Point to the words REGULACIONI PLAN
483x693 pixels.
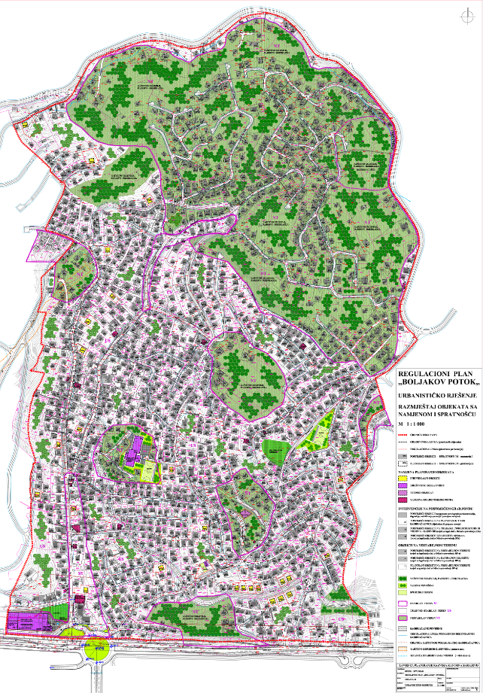tap(438, 372)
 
